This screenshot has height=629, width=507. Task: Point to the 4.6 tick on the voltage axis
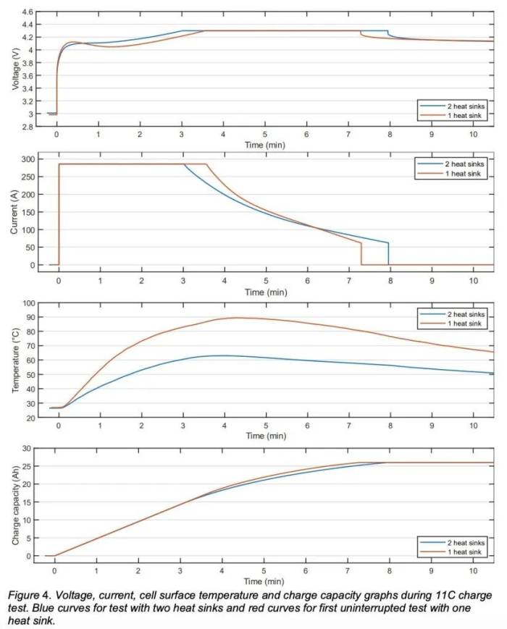click(x=27, y=13)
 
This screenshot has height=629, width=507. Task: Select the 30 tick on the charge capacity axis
click(x=28, y=449)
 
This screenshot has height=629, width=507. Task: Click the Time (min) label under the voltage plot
click(x=265, y=145)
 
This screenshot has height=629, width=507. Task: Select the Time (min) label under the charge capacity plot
click(x=265, y=581)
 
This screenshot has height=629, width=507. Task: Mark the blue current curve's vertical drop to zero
click(x=388, y=253)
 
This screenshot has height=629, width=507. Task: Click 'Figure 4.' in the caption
click(x=28, y=595)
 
